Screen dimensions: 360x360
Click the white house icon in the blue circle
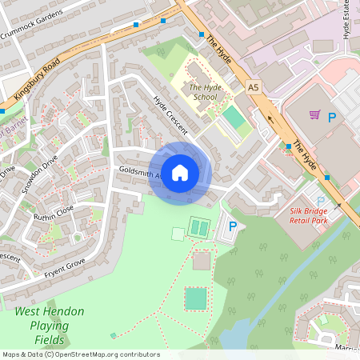tap(180, 172)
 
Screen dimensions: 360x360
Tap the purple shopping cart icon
tap(314, 115)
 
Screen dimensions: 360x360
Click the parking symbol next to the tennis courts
tap(233, 227)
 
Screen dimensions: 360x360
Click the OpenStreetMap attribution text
tap(80, 354)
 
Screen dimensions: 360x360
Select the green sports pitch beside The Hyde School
tap(234, 118)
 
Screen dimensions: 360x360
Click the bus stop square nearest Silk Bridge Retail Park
tap(326, 177)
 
